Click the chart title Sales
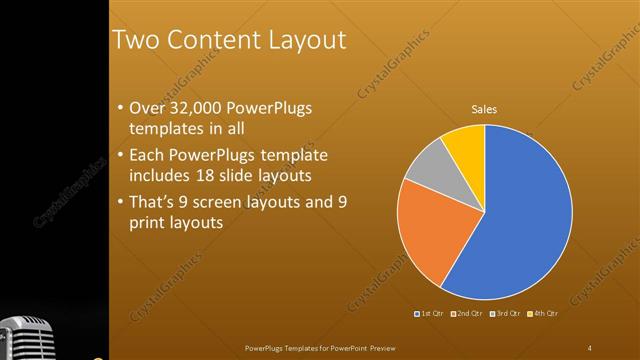point(484,109)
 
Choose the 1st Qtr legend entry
point(430,314)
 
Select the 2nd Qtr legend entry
point(467,314)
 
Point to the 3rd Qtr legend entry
point(505,314)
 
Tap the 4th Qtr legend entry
point(542,314)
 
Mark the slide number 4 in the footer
point(589,347)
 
